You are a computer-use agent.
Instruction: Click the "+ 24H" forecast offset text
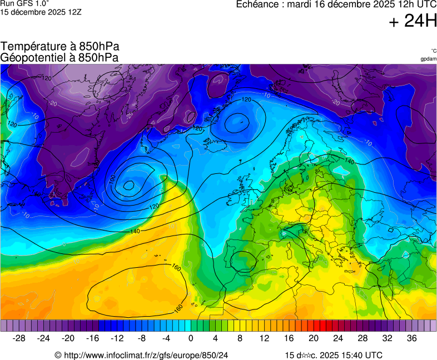(x=413, y=22)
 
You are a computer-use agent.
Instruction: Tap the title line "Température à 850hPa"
(x=60, y=47)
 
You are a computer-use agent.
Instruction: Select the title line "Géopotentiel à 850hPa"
(x=59, y=57)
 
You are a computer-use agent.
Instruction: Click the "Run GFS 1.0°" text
(x=25, y=3)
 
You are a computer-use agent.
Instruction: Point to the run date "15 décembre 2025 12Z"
(x=41, y=12)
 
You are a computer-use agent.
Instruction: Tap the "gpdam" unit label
(x=428, y=58)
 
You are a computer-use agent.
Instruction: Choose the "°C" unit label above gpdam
(x=434, y=51)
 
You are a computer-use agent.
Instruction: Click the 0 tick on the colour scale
(x=191, y=338)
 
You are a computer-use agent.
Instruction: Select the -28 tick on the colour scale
(x=19, y=338)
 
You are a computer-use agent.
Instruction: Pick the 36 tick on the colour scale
(x=411, y=338)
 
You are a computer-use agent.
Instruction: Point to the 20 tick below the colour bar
(x=314, y=338)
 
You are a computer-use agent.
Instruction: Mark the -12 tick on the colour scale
(x=117, y=338)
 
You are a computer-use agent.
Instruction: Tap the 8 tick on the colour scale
(x=240, y=338)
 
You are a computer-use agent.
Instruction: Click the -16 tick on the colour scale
(x=93, y=338)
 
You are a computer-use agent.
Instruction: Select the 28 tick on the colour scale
(x=362, y=338)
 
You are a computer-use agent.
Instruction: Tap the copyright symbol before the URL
(x=58, y=355)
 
